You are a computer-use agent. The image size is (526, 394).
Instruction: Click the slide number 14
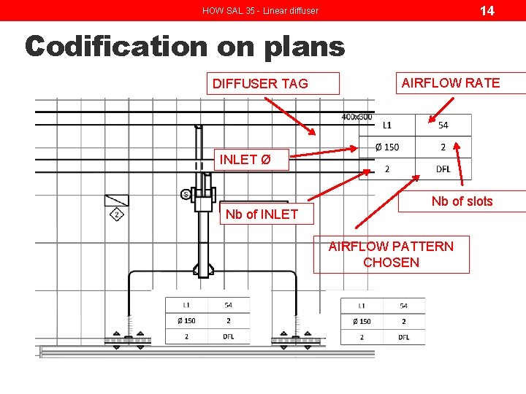(x=487, y=10)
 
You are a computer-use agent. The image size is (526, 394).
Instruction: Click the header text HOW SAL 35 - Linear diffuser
(x=260, y=11)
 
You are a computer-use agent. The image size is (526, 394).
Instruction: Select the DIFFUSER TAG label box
(x=272, y=83)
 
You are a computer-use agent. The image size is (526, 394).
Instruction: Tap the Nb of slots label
(x=462, y=201)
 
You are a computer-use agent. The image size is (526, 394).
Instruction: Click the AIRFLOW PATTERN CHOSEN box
(x=391, y=255)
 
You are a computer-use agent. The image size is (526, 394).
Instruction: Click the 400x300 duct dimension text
(x=357, y=117)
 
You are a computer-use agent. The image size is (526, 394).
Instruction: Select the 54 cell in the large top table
(x=443, y=125)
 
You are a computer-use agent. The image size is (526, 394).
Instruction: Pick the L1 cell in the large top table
(x=387, y=125)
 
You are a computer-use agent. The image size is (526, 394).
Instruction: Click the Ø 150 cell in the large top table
(x=387, y=147)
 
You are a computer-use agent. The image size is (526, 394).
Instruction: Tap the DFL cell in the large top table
(x=443, y=169)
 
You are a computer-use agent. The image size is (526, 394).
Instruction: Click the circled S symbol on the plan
(x=186, y=194)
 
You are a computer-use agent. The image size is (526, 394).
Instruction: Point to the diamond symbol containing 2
(x=117, y=214)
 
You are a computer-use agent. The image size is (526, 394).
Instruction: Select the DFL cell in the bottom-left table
(x=229, y=337)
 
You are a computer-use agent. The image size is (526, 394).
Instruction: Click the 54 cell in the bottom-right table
(x=403, y=306)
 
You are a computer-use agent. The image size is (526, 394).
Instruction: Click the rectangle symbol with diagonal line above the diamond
(x=117, y=200)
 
